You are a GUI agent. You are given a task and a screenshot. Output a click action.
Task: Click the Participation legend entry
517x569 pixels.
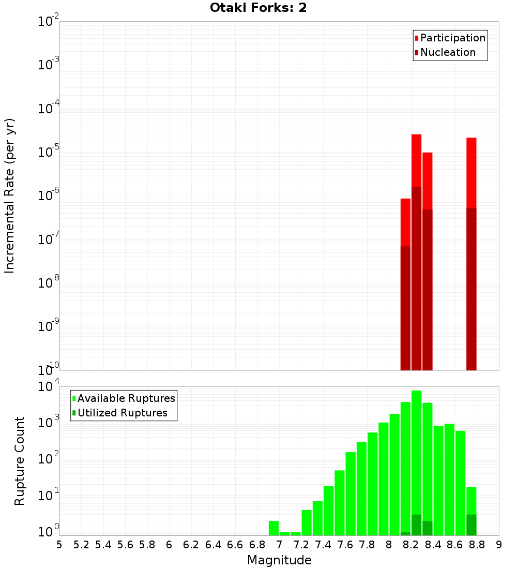pos(452,38)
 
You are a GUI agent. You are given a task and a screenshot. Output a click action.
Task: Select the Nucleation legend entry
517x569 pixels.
pos(447,53)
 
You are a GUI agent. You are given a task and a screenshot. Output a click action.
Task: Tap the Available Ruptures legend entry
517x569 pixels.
pos(126,399)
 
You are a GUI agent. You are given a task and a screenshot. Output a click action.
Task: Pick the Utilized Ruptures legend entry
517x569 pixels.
pos(122,413)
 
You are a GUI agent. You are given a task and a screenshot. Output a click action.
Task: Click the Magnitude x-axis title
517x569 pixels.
pos(279,560)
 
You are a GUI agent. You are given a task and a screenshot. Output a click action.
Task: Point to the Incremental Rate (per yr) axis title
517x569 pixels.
pos(10,196)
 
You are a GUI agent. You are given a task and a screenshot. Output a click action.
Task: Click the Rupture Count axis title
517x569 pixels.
pos(20,461)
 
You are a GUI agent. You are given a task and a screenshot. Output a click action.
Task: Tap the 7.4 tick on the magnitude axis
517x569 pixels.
pos(323,545)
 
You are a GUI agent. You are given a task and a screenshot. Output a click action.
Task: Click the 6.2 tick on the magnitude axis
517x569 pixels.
pos(191,545)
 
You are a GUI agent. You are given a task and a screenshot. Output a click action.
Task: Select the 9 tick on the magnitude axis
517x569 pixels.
pos(499,545)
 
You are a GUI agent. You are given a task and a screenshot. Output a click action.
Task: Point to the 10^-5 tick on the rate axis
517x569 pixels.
pos(49,152)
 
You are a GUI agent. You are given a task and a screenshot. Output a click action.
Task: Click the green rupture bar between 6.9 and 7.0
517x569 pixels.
pos(273,528)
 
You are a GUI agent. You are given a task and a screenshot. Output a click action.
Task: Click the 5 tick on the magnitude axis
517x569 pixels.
pos(59,545)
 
